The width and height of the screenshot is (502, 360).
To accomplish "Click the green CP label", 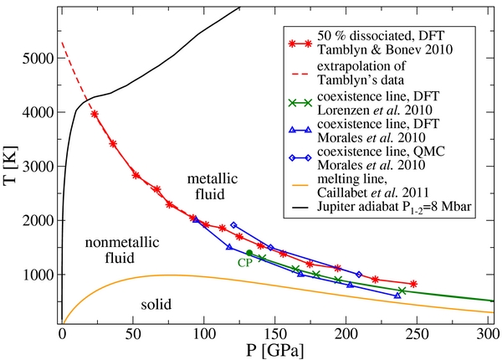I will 244,262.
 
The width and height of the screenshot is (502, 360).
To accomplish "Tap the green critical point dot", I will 249,253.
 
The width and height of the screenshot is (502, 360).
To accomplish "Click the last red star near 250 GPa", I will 413,284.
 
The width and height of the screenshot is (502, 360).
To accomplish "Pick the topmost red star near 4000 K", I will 95,115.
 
